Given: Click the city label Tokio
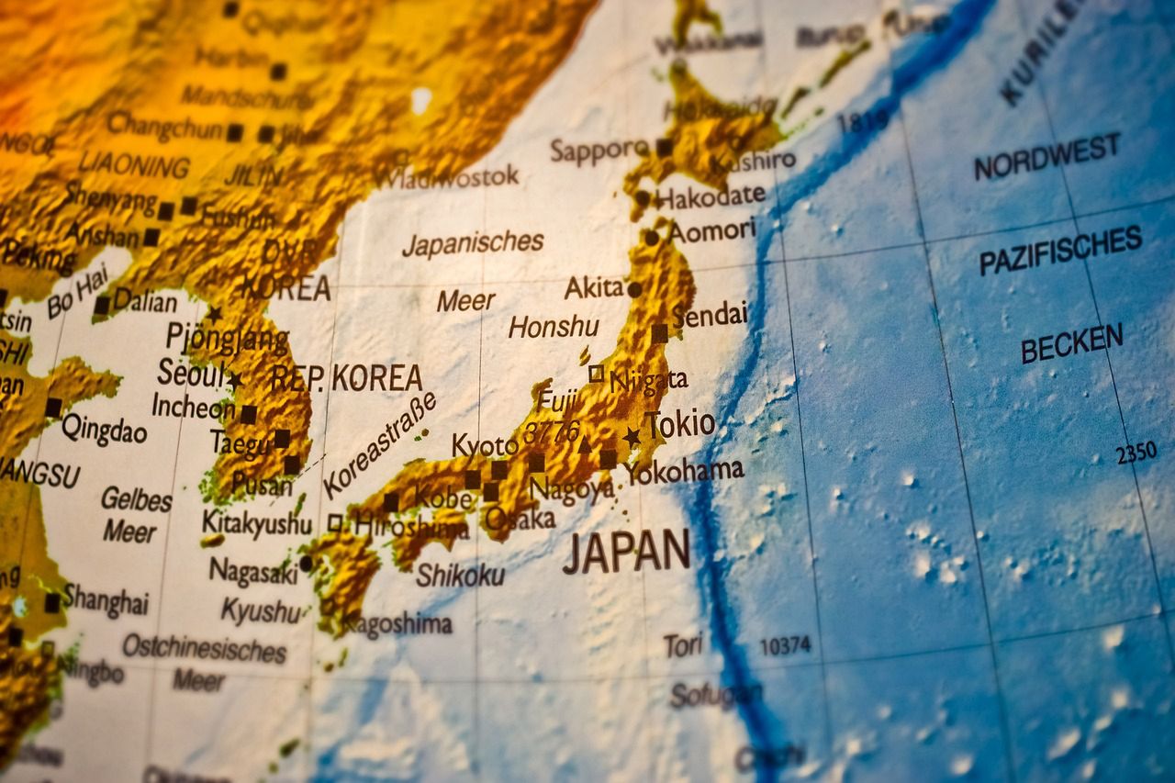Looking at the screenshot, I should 680,424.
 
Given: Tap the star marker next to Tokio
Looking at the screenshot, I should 632,437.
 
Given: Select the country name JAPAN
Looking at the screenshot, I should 626,552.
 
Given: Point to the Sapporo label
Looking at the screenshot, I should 599,150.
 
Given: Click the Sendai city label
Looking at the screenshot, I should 710,315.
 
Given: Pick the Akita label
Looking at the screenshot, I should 594,287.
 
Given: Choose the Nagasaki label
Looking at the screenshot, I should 253,571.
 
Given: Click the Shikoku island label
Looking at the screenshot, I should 460,576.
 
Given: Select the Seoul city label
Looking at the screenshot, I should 191,374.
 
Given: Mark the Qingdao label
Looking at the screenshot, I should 104,428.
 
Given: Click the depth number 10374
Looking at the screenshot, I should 785,645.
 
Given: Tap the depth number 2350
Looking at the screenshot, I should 1136,453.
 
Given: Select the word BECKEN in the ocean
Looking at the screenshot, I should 1071,344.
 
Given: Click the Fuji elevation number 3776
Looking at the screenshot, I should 551,431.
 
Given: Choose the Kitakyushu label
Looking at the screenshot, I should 257,522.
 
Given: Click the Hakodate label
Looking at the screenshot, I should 711,196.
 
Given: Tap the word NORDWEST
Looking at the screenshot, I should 1046,156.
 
